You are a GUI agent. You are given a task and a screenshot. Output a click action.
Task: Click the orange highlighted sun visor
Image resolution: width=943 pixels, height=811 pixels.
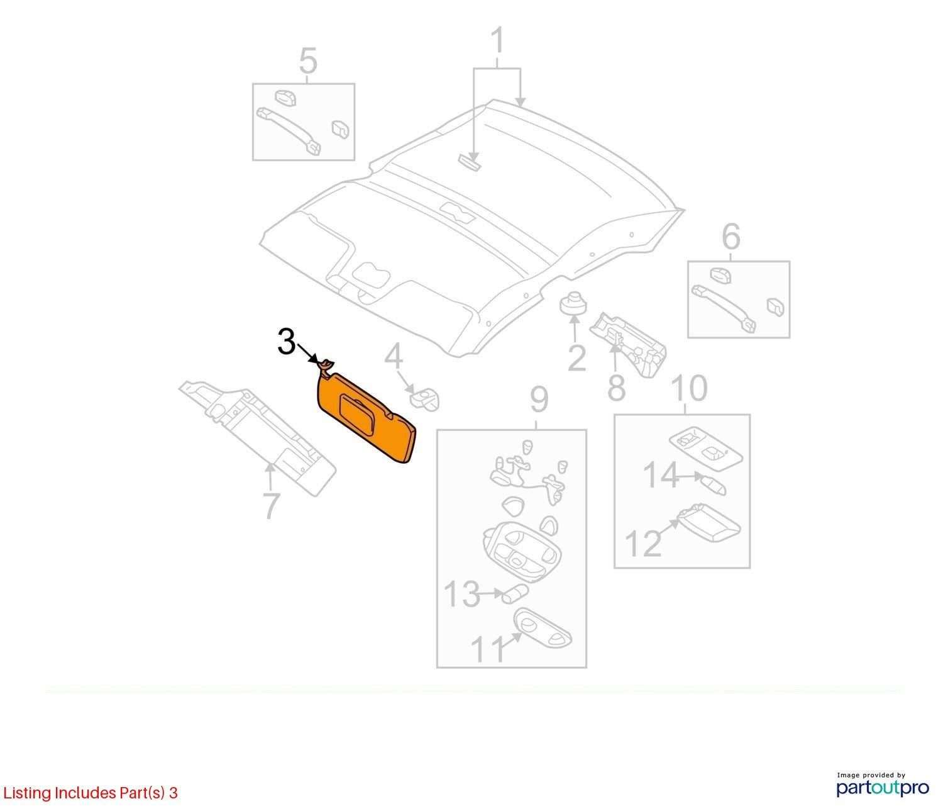pyautogui.click(x=365, y=420)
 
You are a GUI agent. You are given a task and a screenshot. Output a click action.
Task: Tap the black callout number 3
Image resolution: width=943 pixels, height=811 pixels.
pyautogui.click(x=287, y=342)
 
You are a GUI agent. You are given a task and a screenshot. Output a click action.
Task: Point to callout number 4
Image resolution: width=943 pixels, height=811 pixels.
pyautogui.click(x=394, y=357)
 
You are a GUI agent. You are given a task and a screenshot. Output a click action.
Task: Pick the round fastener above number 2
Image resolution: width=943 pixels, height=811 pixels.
pyautogui.click(x=573, y=304)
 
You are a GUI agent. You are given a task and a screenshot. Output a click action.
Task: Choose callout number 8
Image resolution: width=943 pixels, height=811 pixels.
pyautogui.click(x=616, y=387)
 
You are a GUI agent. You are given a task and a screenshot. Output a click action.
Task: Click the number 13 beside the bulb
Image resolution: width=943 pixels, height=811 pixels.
pyautogui.click(x=461, y=594)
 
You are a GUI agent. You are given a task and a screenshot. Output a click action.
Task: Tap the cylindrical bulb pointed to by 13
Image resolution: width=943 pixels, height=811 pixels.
pyautogui.click(x=515, y=594)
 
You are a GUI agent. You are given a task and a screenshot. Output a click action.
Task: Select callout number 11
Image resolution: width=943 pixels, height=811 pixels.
pyautogui.click(x=488, y=649)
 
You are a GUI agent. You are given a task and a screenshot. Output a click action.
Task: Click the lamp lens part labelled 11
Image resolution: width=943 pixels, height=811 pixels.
pyautogui.click(x=543, y=629)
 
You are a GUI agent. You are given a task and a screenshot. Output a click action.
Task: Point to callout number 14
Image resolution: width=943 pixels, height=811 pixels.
pyautogui.click(x=661, y=476)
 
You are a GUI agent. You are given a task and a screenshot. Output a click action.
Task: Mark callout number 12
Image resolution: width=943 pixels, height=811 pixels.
pyautogui.click(x=642, y=543)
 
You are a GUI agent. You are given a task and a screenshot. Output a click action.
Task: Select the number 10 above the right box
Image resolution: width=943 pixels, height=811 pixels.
pyautogui.click(x=690, y=388)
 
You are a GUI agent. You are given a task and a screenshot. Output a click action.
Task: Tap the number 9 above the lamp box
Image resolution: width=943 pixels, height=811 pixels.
pyautogui.click(x=539, y=400)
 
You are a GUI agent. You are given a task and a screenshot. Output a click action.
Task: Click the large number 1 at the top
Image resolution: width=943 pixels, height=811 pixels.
pyautogui.click(x=498, y=40)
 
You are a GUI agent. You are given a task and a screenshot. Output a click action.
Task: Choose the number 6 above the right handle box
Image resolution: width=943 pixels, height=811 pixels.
pyautogui.click(x=731, y=237)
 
